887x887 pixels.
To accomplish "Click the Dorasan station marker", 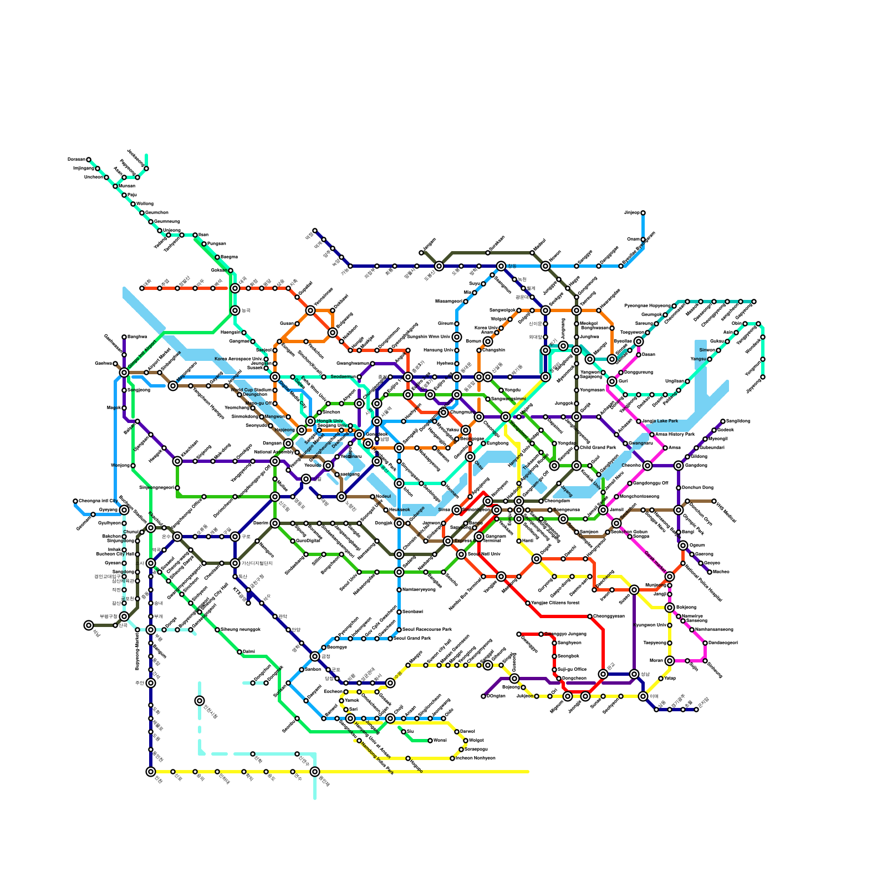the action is point(89,160).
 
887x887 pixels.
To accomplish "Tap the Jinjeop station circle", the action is point(643,213).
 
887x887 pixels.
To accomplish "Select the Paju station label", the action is point(132,195).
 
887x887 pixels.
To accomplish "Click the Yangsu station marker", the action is point(710,359).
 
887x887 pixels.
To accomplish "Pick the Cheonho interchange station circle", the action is point(648,466).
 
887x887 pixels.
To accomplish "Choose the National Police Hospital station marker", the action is point(683,563).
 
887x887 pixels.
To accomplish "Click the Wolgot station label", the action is point(477,740).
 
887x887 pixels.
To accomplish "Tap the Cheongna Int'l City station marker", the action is point(75,501).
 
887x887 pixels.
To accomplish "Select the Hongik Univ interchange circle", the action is point(310,421).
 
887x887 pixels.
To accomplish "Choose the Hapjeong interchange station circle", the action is point(302,430).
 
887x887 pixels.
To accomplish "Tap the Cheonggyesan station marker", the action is point(590,616).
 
